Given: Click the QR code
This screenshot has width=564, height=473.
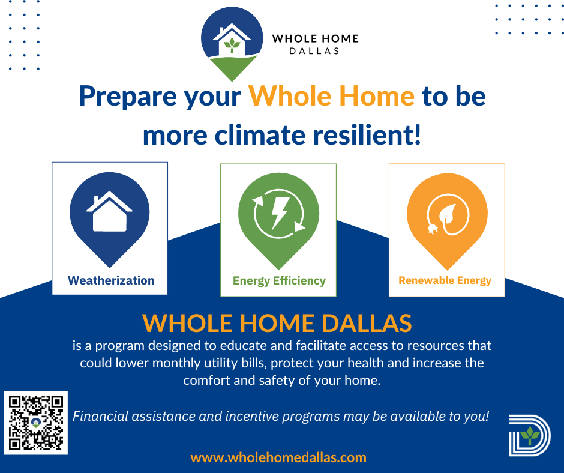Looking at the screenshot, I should pos(36,423).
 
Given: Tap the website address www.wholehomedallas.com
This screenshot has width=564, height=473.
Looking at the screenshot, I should pos(278,457).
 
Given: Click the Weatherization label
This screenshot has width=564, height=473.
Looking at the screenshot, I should pos(111,280).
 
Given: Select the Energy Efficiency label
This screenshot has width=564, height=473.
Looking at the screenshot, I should pos(279,280).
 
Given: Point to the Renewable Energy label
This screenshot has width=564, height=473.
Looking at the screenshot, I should pos(445,280).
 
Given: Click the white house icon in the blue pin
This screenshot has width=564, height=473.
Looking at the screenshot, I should pos(109,212).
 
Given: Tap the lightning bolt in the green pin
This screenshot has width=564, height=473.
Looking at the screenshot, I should pos(279,212).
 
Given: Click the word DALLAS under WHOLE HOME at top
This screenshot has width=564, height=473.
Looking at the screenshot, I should pos(314,51).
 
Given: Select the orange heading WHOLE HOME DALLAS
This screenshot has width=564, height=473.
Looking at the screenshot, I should pos(277,323).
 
